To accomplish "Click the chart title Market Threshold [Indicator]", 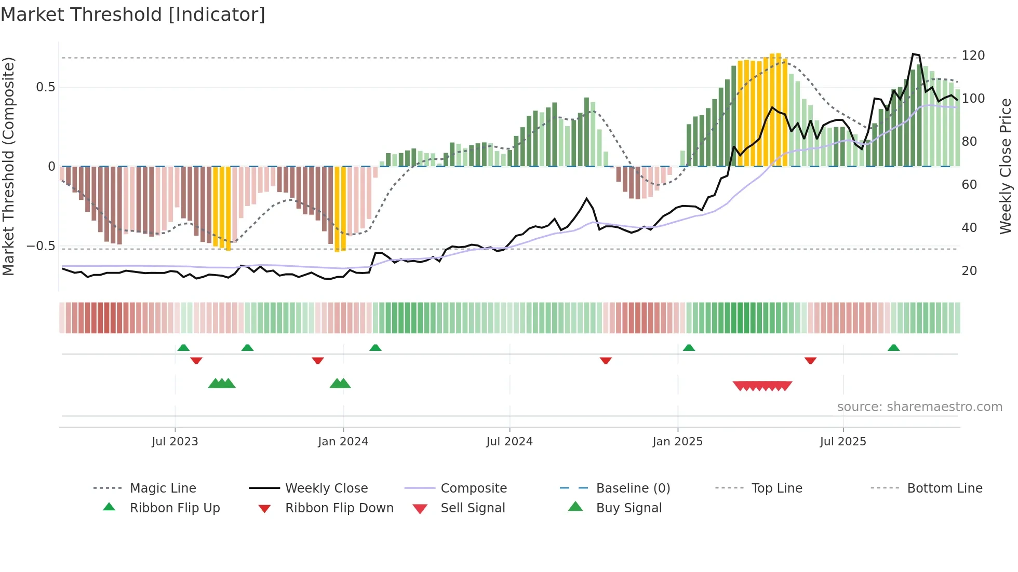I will tap(133, 15).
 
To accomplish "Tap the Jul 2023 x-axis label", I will tap(175, 442).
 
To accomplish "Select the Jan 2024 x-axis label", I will tap(343, 442).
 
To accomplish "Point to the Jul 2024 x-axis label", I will tap(510, 442).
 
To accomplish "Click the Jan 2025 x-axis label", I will tap(677, 442).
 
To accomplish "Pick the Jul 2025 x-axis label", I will tap(843, 442).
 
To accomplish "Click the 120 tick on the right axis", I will tap(973, 56).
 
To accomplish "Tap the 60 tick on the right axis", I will tap(969, 185).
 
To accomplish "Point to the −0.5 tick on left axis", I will tap(41, 246).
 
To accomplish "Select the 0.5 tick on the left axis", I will tap(45, 87).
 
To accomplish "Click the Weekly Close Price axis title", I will tap(1006, 166).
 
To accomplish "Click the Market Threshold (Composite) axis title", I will tap(8, 166).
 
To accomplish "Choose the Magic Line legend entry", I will tap(163, 488).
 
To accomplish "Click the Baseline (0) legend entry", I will tap(633, 488).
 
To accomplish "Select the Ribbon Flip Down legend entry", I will tap(339, 508).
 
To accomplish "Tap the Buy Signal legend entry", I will tap(628, 508).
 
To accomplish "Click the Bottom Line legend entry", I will tap(944, 488).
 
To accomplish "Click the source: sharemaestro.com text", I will tap(919, 407).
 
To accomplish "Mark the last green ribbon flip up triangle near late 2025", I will tap(893, 348).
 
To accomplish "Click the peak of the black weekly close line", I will tap(914, 54).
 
